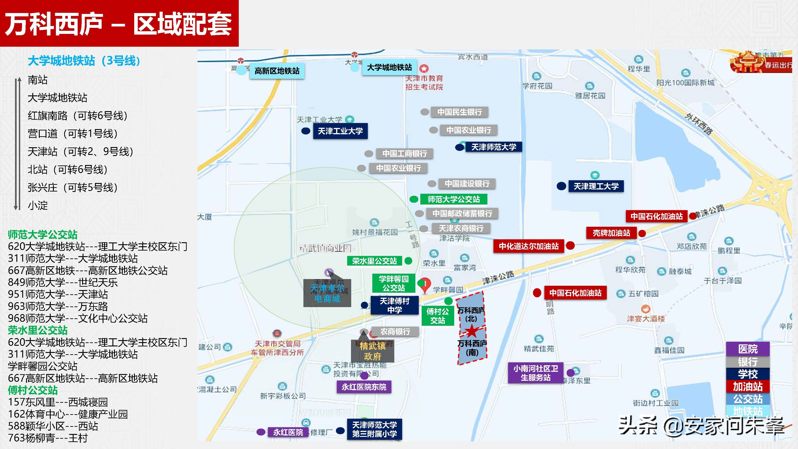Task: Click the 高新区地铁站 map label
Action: point(277,71)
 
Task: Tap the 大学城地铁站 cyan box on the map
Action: point(389,67)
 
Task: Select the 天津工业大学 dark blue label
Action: point(340,131)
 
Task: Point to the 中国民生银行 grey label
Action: point(459,112)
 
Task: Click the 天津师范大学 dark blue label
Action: point(493,147)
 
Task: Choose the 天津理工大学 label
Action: point(596,186)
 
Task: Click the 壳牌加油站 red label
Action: point(611,233)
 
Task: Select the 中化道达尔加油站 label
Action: point(528,246)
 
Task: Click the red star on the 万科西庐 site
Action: point(471,331)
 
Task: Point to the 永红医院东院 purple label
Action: point(364,387)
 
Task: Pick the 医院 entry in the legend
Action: point(748,349)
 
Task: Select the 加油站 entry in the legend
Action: point(748,386)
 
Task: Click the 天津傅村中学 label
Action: point(394,305)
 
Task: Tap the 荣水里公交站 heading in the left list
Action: point(38,330)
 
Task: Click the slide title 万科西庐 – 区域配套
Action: point(119,24)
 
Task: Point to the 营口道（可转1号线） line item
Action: point(73,134)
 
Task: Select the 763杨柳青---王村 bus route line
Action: point(48,438)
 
